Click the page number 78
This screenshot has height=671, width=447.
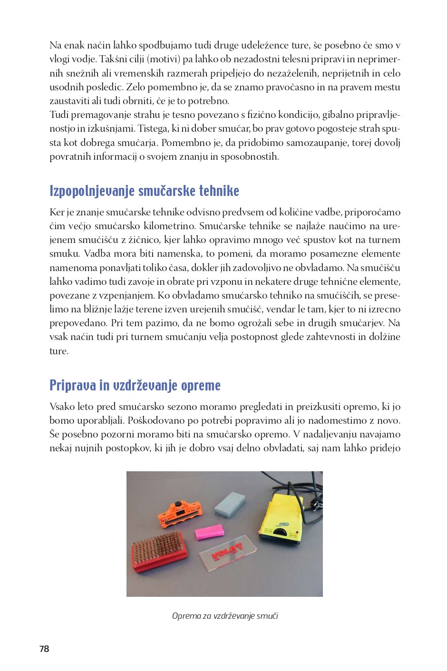[44, 649]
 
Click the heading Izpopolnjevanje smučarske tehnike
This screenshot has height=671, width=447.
[144, 191]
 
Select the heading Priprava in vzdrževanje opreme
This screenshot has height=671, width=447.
[135, 385]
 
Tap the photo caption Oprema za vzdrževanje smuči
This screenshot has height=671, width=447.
[225, 616]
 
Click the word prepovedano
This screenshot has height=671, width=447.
[78, 323]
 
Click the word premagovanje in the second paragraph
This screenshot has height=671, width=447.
[92, 115]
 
